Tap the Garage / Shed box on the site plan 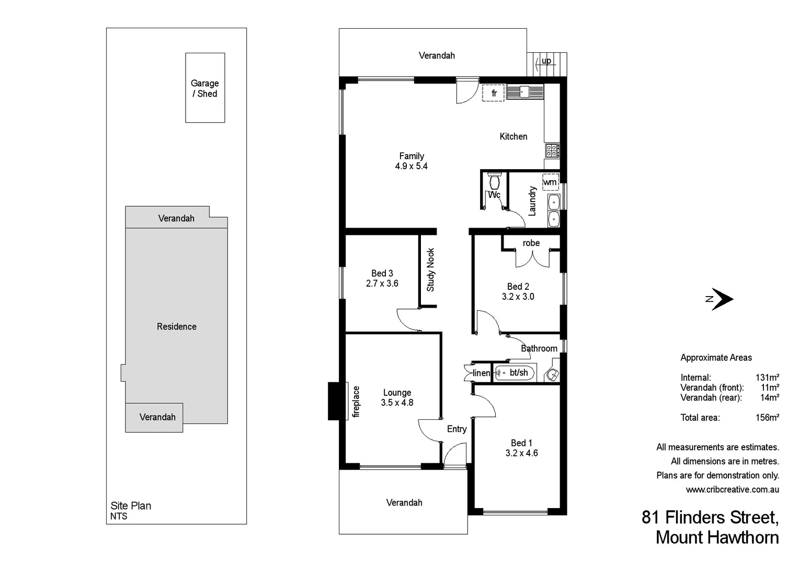pos(205,88)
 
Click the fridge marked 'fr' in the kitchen pos(493,93)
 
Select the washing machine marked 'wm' pos(550,182)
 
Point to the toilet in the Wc pos(494,182)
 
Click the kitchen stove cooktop pos(552,151)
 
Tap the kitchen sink pos(524,92)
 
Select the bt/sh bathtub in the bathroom pos(515,373)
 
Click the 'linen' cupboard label pos(481,373)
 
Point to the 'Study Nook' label pos(430,269)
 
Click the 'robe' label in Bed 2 pos(531,243)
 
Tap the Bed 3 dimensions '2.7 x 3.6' pos(382,284)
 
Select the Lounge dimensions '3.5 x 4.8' pos(397,403)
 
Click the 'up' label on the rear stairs pos(546,61)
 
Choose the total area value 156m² pos(767,417)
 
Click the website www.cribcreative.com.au pos(732,489)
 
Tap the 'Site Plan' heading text pos(131,506)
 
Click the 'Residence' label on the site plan pos(177,326)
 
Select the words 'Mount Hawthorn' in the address pos(717,537)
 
